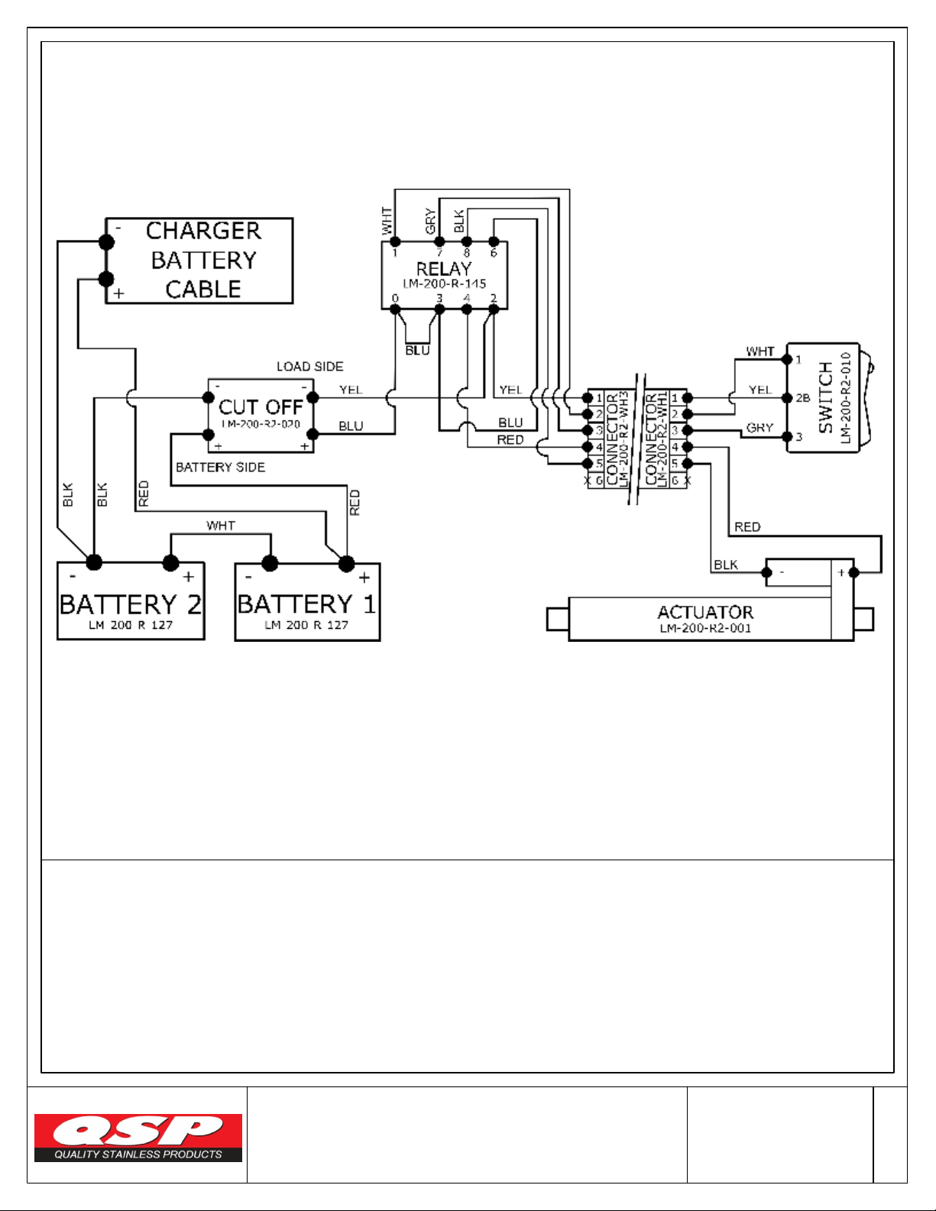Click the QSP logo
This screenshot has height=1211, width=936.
click(138, 1137)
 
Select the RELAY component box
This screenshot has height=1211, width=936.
click(444, 275)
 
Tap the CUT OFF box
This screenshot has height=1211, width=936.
click(261, 416)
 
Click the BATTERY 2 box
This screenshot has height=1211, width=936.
click(131, 602)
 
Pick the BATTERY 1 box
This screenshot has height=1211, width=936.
click(307, 602)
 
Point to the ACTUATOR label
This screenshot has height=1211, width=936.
click(705, 612)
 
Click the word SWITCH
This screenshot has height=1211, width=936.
click(826, 397)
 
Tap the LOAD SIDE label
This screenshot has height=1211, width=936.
click(309, 367)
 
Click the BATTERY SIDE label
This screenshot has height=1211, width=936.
click(220, 467)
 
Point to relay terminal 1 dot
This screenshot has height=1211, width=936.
click(395, 241)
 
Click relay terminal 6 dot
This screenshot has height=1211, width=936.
click(494, 241)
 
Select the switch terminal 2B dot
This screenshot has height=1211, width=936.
click(787, 397)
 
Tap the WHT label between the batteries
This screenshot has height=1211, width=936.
click(220, 526)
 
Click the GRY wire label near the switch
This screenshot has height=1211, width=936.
click(759, 428)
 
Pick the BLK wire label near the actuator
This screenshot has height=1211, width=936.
click(725, 565)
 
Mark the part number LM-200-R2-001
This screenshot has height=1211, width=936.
click(705, 629)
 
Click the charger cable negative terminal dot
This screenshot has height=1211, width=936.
click(106, 242)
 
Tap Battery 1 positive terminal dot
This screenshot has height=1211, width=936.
click(346, 564)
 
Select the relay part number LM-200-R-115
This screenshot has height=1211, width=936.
click(444, 283)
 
